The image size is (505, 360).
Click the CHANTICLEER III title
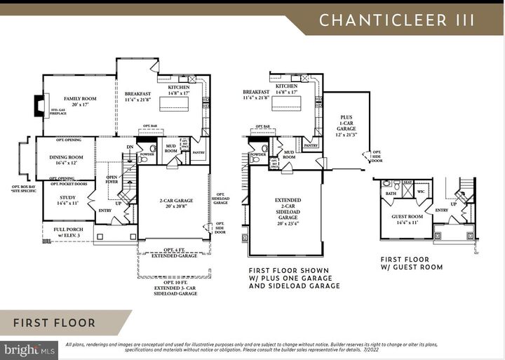(x=397, y=20)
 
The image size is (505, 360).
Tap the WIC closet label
(x=422, y=190)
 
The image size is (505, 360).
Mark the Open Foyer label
(x=112, y=180)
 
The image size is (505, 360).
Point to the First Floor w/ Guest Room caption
(x=411, y=262)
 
